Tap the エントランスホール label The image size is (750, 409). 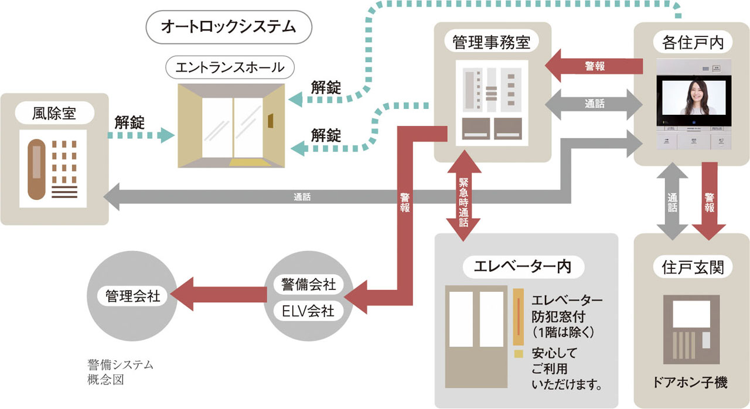pos(230,67)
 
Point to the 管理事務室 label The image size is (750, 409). pos(492,42)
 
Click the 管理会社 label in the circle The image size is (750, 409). pos(132,295)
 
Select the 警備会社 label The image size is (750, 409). pos(308,285)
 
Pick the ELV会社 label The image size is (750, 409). pos(308,310)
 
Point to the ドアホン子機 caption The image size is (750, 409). pos(690,383)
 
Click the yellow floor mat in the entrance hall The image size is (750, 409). pos(250,162)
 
